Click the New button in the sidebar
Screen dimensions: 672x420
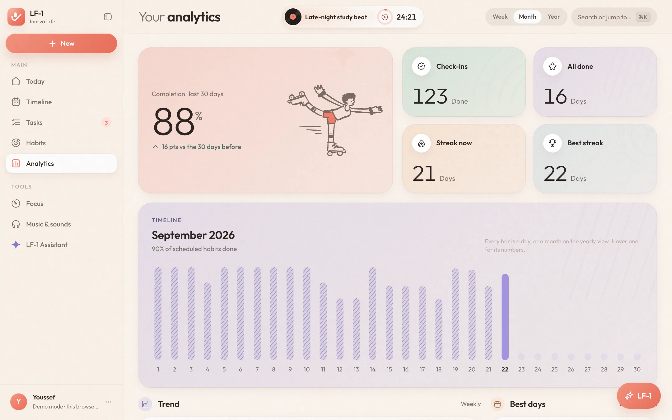click(61, 44)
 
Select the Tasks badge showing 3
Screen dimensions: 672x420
click(106, 123)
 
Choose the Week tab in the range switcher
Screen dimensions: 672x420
click(500, 17)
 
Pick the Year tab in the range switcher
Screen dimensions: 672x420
click(554, 17)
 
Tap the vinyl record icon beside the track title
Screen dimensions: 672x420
click(293, 17)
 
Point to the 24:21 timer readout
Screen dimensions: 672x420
click(406, 17)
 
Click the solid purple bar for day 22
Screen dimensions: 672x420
click(505, 317)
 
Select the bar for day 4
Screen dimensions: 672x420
click(208, 321)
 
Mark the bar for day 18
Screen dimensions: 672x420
click(439, 329)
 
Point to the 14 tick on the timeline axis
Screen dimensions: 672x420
click(373, 369)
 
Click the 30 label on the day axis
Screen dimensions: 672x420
click(637, 369)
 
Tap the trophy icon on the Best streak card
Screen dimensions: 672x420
click(553, 143)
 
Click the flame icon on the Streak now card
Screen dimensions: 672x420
click(421, 143)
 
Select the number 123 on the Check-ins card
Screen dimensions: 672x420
click(430, 96)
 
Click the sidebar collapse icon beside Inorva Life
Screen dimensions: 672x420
click(108, 17)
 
